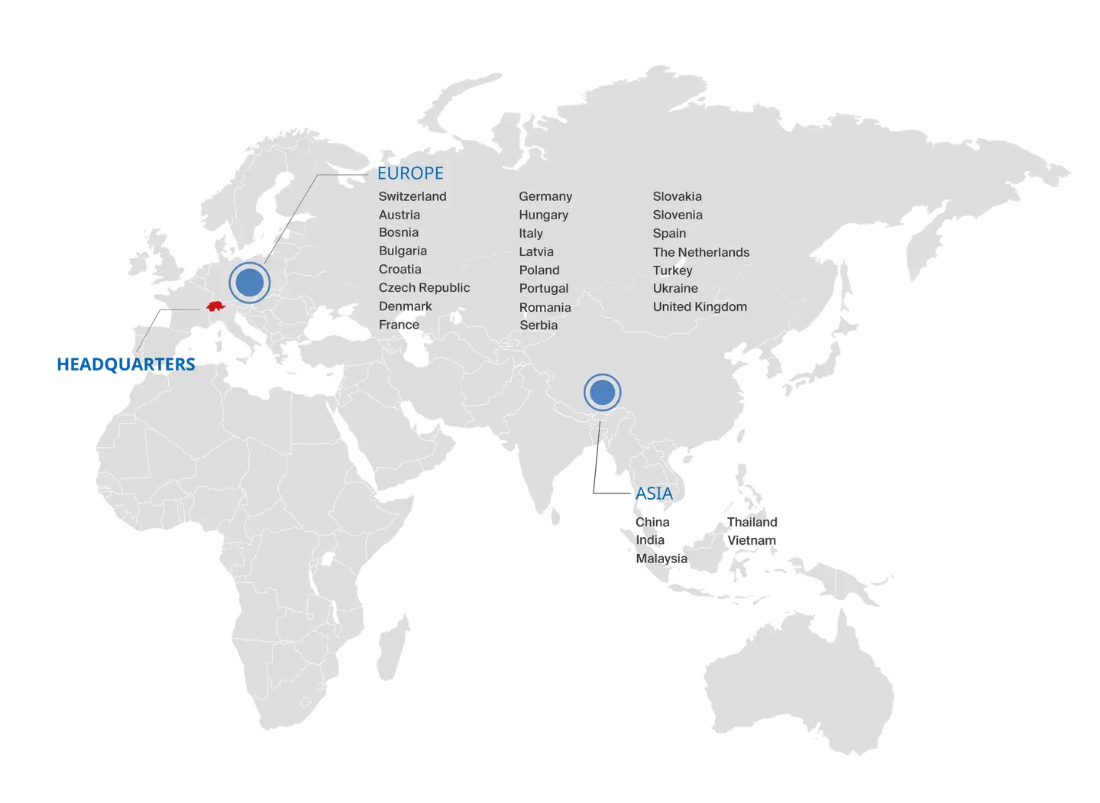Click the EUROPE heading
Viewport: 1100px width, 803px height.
point(410,173)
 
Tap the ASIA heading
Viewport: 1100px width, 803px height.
point(654,494)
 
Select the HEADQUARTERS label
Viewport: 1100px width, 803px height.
point(125,364)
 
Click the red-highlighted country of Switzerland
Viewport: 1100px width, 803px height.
point(217,307)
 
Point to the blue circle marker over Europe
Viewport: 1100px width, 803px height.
point(249,282)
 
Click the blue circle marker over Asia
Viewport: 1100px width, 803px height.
point(602,393)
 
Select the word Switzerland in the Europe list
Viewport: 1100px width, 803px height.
point(412,196)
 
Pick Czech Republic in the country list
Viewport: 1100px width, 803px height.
point(424,287)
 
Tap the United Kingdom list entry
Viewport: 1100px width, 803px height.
point(700,306)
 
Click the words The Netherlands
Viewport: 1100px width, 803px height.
point(700,252)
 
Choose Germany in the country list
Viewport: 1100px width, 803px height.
point(545,196)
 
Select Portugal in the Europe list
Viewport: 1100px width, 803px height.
point(544,288)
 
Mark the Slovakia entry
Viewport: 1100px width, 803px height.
point(677,196)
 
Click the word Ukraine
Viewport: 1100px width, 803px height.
point(675,288)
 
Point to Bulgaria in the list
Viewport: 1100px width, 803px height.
point(403,251)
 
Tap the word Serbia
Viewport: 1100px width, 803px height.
point(539,325)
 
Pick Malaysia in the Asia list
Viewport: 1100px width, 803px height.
point(661,559)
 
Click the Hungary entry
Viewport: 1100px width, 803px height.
point(543,215)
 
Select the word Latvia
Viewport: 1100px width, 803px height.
point(536,251)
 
